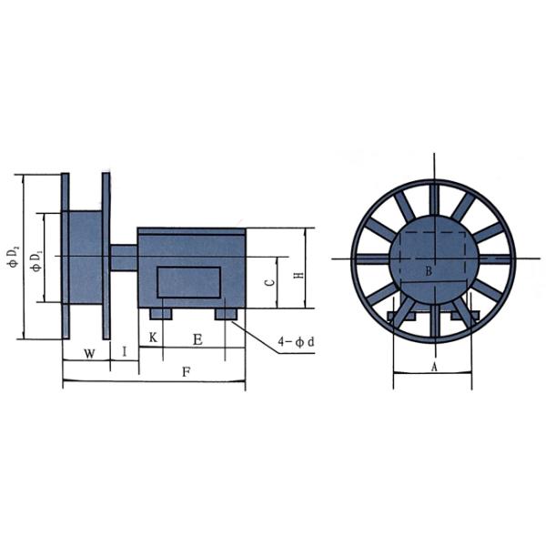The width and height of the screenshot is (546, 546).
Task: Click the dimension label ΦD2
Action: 13,257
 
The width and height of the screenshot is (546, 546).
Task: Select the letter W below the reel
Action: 88,351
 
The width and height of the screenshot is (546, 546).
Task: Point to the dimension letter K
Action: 153,339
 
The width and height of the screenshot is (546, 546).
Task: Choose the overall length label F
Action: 186,372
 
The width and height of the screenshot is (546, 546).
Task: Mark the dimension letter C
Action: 269,283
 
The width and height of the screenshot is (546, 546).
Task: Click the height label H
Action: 297,276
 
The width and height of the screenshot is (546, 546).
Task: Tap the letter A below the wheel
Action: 433,367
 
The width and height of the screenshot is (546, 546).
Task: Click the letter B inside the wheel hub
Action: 429,271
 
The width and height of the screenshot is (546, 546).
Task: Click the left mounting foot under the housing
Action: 160,313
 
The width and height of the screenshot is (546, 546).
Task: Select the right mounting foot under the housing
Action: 226,313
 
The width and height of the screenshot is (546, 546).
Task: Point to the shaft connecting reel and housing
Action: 123,258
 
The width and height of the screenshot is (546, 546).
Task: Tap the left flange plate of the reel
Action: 65,257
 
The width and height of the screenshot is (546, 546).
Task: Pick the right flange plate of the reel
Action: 106,257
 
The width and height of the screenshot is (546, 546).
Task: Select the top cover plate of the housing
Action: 191,231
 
